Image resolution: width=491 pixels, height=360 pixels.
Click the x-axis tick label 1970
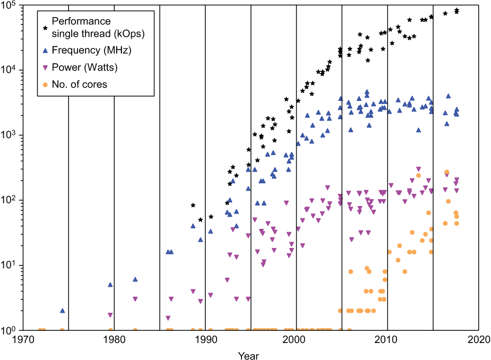click(22, 340)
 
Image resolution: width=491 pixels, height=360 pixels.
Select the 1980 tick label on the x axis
click(114, 340)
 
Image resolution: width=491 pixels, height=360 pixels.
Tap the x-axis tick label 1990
click(205, 340)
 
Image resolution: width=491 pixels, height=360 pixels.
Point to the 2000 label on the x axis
click(296, 340)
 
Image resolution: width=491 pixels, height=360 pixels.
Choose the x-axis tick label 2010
click(387, 340)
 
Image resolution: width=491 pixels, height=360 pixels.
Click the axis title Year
click(248, 354)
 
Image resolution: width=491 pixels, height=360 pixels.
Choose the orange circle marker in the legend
click(46, 84)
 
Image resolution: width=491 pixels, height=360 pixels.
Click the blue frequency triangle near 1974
click(62, 311)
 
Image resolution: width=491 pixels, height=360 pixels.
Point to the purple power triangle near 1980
click(110, 315)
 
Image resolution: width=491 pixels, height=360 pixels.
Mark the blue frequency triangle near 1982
click(135, 279)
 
